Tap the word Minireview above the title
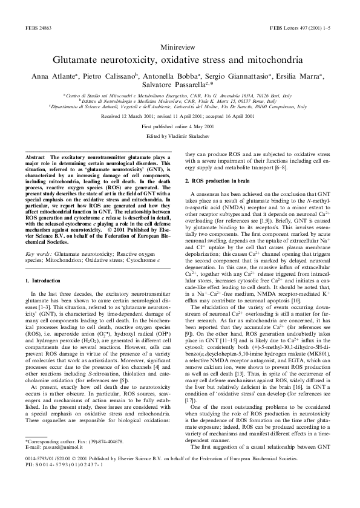coord(180,47)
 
